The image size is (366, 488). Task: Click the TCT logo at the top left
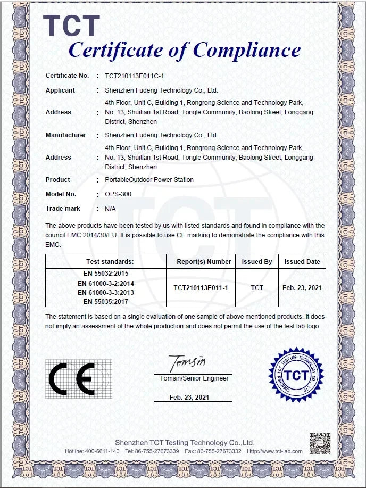coord(71,26)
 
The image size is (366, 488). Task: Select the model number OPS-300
coord(118,194)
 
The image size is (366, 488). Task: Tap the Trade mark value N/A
coord(110,209)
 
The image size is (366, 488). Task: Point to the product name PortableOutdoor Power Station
coord(149,180)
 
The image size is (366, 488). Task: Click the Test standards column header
coord(110,262)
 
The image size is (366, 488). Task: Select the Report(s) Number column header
coord(204,262)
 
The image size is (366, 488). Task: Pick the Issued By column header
coord(257,262)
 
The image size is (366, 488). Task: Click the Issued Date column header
coord(302,262)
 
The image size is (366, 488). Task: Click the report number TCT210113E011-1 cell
coord(201,288)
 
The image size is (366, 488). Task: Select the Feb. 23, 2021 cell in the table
coord(302,288)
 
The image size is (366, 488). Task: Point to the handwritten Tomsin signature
coord(187,364)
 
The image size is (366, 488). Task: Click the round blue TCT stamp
coord(296,375)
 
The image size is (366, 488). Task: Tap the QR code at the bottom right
coord(320,444)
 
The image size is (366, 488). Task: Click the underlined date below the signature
coord(189,398)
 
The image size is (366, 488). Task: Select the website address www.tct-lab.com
coord(283,451)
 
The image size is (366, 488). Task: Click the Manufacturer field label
coord(65,135)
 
